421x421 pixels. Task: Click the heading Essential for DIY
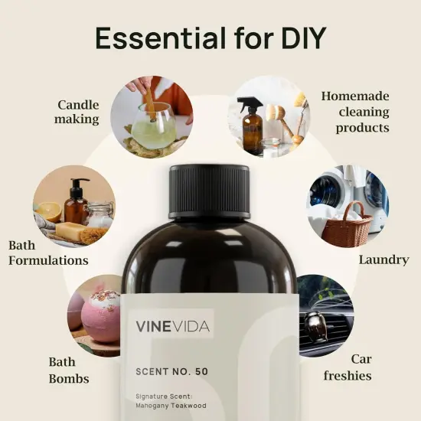coord(210,38)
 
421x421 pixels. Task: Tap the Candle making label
coord(77,112)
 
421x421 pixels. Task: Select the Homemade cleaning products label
coord(355,112)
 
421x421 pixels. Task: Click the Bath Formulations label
coord(47,253)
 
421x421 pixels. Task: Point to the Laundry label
coord(383,260)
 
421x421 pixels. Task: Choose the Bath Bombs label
coord(69,369)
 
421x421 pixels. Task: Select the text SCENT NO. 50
coord(171,371)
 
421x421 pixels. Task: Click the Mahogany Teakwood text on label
coord(173,405)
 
